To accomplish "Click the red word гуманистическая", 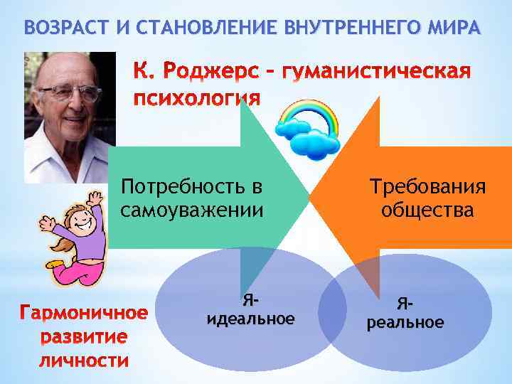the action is point(377,72).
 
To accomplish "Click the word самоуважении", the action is point(192,210).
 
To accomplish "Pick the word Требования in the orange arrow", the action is point(427,188).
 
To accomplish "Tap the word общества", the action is point(427,210).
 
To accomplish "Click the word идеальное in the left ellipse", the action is point(250,319).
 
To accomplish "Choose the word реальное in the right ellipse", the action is point(405,323).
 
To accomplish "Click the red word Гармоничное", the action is point(83,314).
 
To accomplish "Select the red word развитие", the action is point(83,336).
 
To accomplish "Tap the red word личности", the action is point(83,361).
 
